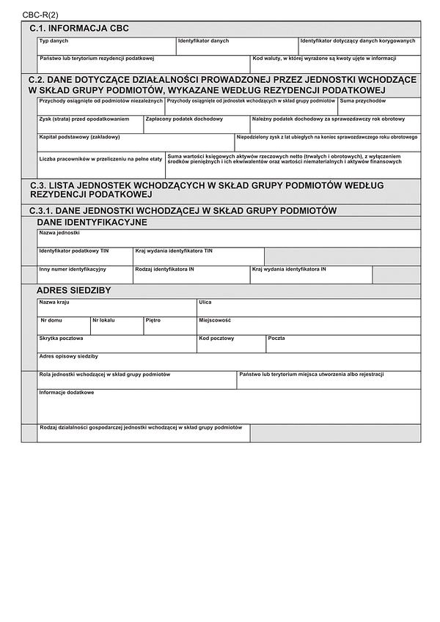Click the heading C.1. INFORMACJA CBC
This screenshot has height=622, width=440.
[79, 28]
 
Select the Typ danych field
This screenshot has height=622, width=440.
[106, 47]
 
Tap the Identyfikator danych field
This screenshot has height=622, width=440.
[237, 47]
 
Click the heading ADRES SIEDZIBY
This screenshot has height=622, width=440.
[73, 291]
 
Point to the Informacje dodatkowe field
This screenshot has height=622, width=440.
[229, 407]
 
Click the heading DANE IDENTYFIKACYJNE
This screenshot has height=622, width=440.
[92, 222]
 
